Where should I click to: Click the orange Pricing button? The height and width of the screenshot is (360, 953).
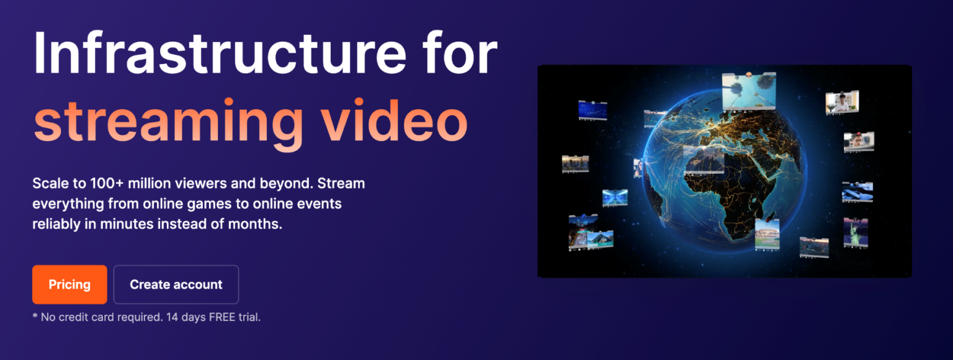coord(69,284)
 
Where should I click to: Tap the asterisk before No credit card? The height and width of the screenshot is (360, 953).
coord(35,316)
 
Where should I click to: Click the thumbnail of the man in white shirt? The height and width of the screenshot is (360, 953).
coord(841,102)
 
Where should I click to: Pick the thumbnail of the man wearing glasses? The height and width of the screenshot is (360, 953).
coord(858,142)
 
